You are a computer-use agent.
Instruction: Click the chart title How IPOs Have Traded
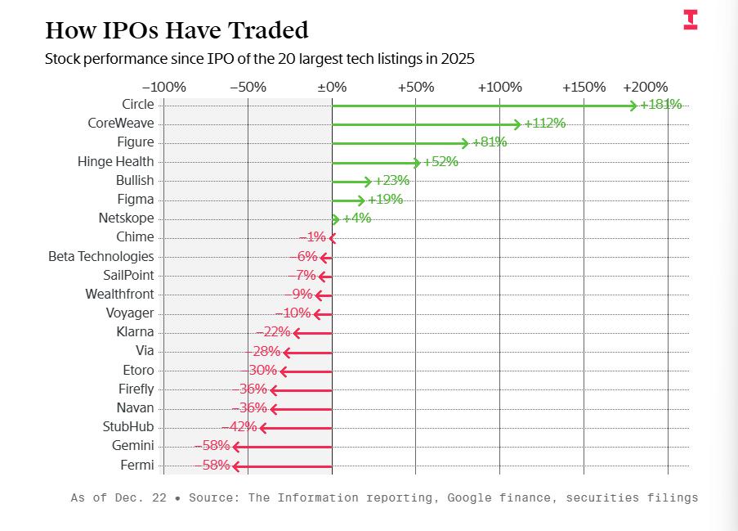click(177, 30)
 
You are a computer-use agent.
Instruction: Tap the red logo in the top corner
click(691, 20)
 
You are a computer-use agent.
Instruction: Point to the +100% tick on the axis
click(499, 87)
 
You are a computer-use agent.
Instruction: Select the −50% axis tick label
click(248, 87)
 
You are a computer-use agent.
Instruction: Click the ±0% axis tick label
click(332, 87)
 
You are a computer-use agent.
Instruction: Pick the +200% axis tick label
click(645, 87)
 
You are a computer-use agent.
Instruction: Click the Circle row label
click(137, 104)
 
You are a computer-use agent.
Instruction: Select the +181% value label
click(660, 104)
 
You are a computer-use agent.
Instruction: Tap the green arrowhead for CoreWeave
click(517, 124)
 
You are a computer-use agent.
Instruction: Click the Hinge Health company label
click(115, 161)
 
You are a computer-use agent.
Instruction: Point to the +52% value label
click(441, 161)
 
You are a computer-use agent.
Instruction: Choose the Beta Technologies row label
click(101, 256)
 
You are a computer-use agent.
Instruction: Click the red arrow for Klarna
click(313, 333)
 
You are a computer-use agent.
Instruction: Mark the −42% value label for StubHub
click(239, 427)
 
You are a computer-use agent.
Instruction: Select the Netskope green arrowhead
click(335, 218)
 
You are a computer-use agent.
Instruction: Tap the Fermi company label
click(136, 465)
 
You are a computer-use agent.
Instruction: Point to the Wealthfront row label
click(119, 294)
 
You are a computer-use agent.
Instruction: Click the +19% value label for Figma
click(385, 199)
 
